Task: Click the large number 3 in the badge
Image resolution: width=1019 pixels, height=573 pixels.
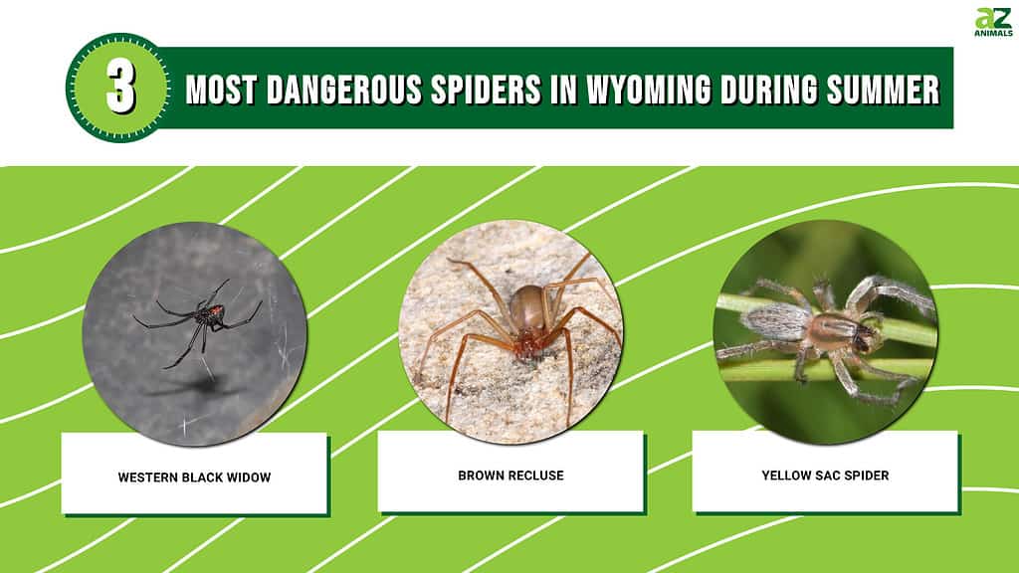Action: point(120,88)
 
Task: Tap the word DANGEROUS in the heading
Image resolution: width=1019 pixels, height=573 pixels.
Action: point(343,89)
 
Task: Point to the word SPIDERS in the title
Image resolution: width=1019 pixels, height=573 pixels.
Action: point(486,89)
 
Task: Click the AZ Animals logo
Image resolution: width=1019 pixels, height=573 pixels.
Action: point(993,22)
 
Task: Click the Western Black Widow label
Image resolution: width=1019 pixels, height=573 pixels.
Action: point(194,477)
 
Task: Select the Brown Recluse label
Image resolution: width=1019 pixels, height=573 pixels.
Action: point(510,476)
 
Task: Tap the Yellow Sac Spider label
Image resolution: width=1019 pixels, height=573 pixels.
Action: point(825,476)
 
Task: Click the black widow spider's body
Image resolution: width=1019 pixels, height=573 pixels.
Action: point(209,315)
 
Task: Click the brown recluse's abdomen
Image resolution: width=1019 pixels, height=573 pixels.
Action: point(527,306)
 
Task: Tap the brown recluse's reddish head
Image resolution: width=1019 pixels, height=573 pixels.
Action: point(528,343)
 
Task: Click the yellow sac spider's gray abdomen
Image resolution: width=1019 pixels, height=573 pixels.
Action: point(776,322)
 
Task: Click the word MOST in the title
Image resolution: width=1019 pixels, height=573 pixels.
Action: point(222,89)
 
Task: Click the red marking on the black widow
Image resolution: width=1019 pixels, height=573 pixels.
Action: point(216,310)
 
